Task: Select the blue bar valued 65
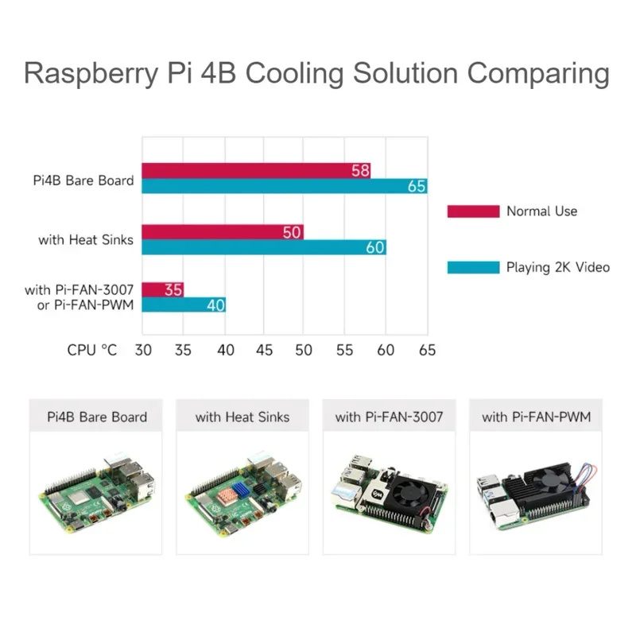pos(285,187)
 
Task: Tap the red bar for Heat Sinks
pos(223,232)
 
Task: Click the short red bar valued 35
pos(163,289)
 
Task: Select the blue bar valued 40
pos(184,304)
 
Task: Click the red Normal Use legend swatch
pos(472,211)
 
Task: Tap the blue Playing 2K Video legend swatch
pos(472,267)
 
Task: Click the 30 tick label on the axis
pos(143,350)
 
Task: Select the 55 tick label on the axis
pos(346,350)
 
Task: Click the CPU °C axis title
pos(92,350)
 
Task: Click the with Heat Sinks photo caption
pos(242,417)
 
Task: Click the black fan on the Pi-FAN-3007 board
pos(406,487)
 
